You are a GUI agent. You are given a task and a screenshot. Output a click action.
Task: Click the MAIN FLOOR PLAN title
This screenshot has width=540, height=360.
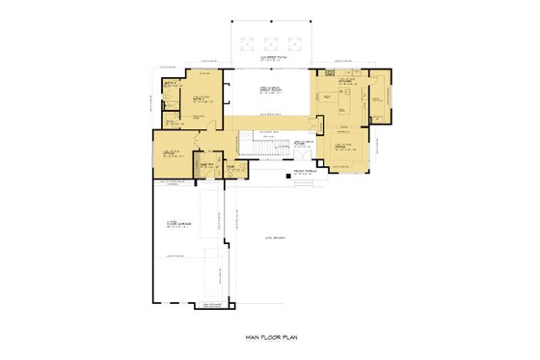tap(271, 339)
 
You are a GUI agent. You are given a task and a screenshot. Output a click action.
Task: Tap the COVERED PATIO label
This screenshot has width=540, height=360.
tap(269, 59)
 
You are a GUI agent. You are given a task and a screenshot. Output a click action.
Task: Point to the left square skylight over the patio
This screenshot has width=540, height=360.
tap(249, 42)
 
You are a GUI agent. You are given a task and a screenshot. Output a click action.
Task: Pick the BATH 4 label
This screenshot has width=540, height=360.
tap(170, 85)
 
